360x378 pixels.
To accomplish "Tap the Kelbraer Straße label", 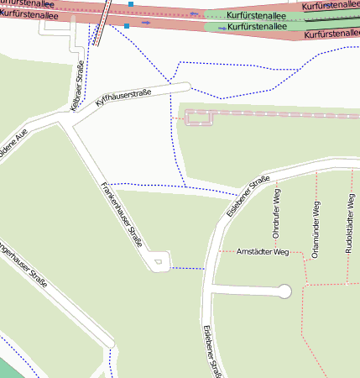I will (76, 87).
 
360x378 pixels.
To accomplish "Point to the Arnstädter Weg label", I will (263, 251).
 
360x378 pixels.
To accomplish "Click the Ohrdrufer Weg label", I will (276, 214).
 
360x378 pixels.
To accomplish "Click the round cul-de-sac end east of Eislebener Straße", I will (284, 291).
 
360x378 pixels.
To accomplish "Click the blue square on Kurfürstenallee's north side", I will (131, 4).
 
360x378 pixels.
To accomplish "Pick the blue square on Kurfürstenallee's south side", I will (126, 26).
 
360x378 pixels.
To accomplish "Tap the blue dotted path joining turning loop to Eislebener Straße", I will (188, 268).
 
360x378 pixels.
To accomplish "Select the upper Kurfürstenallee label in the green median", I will (258, 15).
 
